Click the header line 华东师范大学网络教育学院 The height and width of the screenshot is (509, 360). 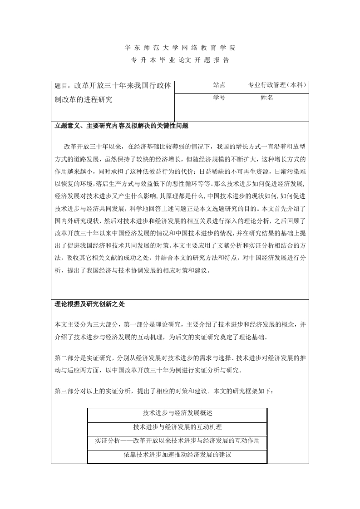click(x=180, y=48)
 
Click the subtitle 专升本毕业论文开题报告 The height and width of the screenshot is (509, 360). click(x=180, y=60)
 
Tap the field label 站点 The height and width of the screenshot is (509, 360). click(x=219, y=85)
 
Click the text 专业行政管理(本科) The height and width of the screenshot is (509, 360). click(x=277, y=85)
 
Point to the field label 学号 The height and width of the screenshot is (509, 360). click(x=219, y=98)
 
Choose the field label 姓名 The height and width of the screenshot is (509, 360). click(x=267, y=98)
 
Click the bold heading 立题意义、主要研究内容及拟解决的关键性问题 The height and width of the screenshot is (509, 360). click(x=121, y=126)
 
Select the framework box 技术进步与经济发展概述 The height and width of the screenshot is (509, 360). click(x=178, y=413)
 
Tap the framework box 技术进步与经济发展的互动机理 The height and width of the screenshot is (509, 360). click(x=178, y=427)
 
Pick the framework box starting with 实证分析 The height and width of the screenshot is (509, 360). click(x=178, y=440)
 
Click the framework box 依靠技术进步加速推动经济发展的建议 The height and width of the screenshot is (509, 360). click(x=178, y=454)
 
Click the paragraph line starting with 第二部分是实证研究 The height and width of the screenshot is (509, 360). click(x=180, y=358)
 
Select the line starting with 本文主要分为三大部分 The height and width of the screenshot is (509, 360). click(x=180, y=325)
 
